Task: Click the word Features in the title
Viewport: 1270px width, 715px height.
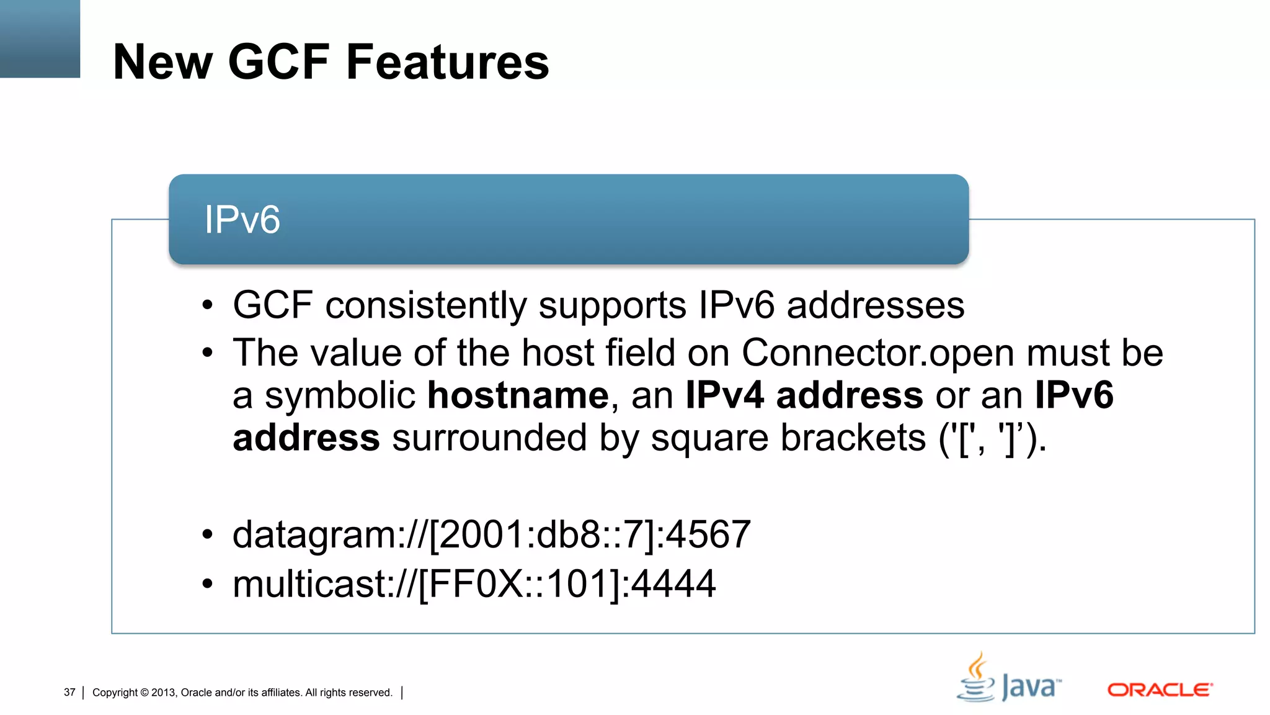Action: (447, 62)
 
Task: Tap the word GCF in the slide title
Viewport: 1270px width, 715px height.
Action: (278, 62)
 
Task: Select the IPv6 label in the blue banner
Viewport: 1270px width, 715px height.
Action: (242, 220)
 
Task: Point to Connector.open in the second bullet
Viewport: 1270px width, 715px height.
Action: (878, 353)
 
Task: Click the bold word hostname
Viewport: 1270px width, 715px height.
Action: (518, 395)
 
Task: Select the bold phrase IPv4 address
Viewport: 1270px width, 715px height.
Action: (804, 395)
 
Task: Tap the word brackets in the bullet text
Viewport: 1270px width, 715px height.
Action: (853, 438)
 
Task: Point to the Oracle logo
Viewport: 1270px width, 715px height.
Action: (1160, 690)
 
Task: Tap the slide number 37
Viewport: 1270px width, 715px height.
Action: (69, 692)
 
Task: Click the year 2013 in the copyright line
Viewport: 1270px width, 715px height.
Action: (164, 693)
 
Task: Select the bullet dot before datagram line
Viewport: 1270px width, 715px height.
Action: (207, 534)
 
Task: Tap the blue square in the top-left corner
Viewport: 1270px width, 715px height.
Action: (40, 38)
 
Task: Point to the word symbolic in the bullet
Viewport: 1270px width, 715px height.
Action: (340, 395)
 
